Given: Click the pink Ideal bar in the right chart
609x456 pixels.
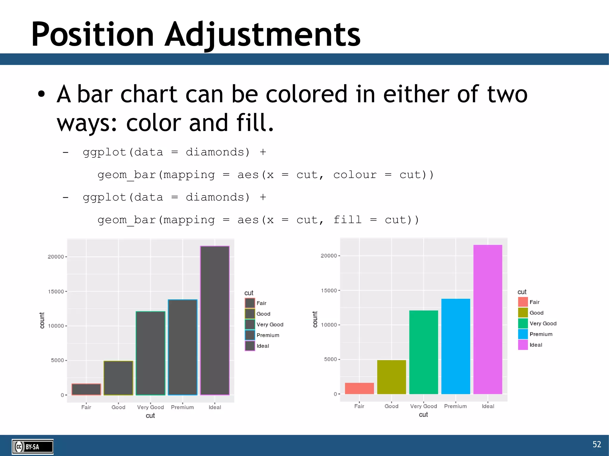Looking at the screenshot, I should (488, 319).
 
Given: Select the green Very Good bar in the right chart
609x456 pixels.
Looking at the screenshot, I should (423, 352).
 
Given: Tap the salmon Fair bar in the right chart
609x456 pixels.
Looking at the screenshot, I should (359, 388).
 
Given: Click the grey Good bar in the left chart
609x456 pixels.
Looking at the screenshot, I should (118, 378).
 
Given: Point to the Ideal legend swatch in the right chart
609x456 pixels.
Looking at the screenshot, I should (523, 345).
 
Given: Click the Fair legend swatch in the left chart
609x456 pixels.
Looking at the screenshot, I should (250, 303).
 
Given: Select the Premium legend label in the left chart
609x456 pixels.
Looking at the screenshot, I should (268, 335).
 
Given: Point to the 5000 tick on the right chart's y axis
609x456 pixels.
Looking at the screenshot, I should (330, 359).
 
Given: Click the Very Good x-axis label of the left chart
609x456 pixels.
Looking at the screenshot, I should (150, 407).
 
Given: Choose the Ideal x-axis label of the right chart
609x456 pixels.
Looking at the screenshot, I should (488, 406).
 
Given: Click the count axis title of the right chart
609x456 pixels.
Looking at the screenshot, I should (315, 319).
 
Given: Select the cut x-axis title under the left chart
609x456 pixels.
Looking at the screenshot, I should (150, 416).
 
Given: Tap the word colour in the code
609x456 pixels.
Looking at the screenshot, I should (354, 175).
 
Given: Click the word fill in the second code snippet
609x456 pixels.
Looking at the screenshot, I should (347, 220).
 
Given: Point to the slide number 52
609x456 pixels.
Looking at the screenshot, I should (597, 444).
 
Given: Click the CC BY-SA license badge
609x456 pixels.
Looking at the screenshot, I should (32, 446).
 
